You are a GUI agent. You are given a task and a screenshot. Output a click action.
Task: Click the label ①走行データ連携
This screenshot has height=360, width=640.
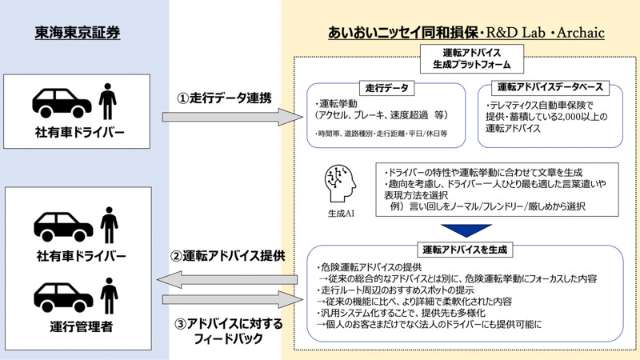click(x=224, y=98)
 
